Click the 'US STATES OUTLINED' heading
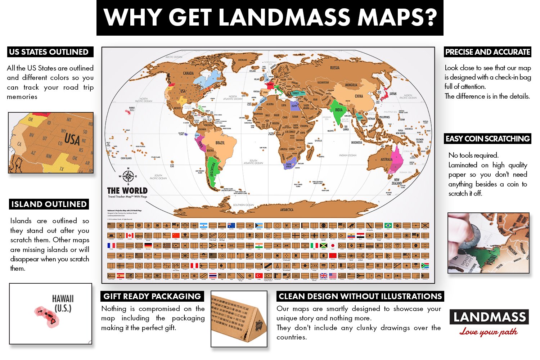pyautogui.click(x=49, y=52)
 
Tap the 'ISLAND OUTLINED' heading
pyautogui.click(x=49, y=204)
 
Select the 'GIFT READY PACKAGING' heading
pyautogui.click(x=152, y=296)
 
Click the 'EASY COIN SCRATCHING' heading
pyautogui.click(x=487, y=139)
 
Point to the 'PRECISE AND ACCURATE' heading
pyautogui.click(x=487, y=52)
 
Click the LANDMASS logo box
pyautogui.click(x=489, y=317)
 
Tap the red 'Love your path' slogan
pyautogui.click(x=489, y=332)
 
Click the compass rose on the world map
pyautogui.click(x=128, y=176)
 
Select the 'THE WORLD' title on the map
pyautogui.click(x=127, y=190)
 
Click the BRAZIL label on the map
pyautogui.click(x=220, y=143)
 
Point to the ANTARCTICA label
pyautogui.click(x=287, y=210)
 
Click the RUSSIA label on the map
pyautogui.click(x=334, y=68)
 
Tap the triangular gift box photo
pyautogui.click(x=239, y=319)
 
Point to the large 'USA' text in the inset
pyautogui.click(x=72, y=139)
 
